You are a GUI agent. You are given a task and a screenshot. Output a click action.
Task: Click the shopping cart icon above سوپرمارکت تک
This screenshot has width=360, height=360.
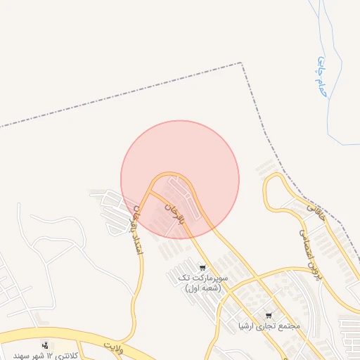pyautogui.click(x=202, y=268)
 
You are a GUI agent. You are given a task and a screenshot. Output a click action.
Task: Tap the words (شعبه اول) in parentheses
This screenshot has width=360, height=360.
pyautogui.click(x=202, y=288)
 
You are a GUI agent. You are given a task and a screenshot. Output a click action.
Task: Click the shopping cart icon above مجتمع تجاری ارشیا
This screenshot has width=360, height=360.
pyautogui.click(x=269, y=316)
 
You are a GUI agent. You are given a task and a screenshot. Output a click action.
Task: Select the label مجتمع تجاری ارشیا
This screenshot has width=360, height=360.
pyautogui.click(x=269, y=326)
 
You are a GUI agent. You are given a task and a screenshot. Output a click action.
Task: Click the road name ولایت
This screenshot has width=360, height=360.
pyautogui.click(x=112, y=346)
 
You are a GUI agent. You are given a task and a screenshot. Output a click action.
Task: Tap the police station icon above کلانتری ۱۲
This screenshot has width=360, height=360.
pyautogui.click(x=46, y=345)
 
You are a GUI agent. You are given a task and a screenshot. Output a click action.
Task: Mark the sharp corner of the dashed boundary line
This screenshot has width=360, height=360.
pyautogui.click(x=243, y=63)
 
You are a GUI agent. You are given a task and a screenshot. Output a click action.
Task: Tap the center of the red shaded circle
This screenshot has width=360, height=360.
pyautogui.click(x=180, y=179)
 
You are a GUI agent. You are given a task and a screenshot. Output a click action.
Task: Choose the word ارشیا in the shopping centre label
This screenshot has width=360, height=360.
pyautogui.click(x=250, y=326)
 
